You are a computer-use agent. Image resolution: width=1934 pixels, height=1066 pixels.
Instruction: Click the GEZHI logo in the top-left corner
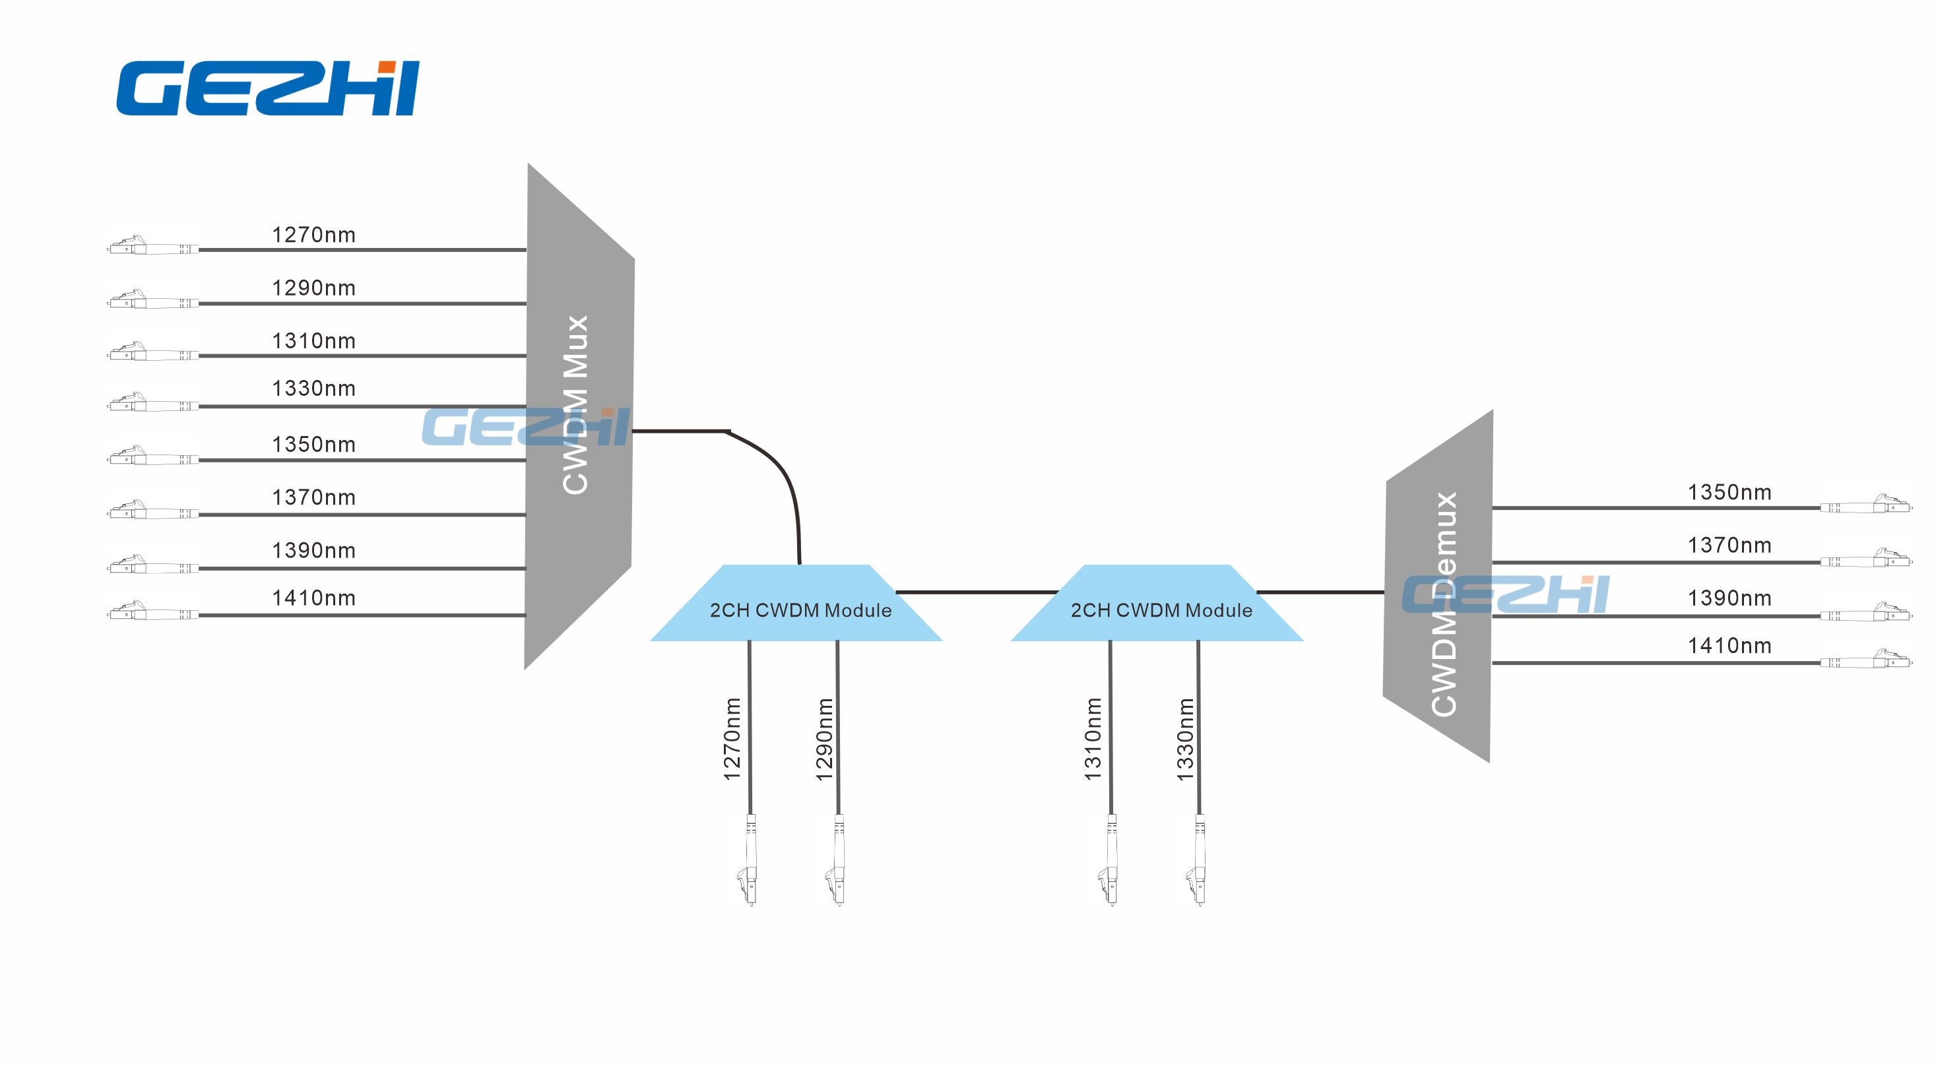pyautogui.click(x=267, y=88)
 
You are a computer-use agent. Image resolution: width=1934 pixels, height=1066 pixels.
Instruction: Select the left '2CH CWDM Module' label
pyautogui.click(x=800, y=610)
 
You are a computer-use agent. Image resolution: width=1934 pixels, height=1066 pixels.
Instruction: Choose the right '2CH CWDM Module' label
pyautogui.click(x=1161, y=610)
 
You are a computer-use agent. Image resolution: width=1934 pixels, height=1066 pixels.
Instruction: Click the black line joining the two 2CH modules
pyautogui.click(x=976, y=592)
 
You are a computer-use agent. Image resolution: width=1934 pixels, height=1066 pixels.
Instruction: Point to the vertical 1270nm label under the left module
pyautogui.click(x=732, y=739)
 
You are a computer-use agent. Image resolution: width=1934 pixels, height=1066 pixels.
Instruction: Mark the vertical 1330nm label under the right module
pyautogui.click(x=1184, y=739)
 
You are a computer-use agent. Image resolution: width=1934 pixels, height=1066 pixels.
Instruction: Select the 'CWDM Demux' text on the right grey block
pyautogui.click(x=1444, y=604)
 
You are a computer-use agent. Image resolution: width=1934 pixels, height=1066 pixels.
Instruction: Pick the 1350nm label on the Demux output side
pyautogui.click(x=1729, y=493)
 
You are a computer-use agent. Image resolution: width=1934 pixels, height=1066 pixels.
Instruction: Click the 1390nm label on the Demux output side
pyautogui.click(x=1729, y=598)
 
